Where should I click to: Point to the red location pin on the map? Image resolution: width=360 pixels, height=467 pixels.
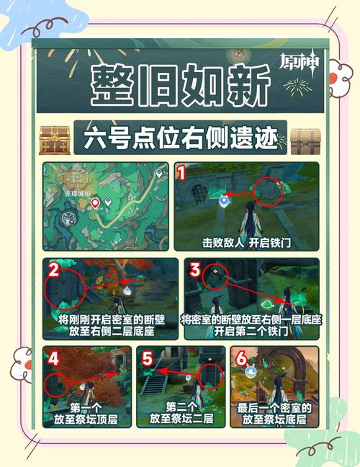[x=95, y=204]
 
